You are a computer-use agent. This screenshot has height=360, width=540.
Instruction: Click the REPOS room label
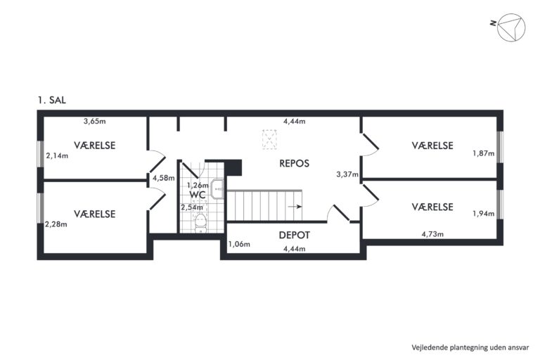(294, 163)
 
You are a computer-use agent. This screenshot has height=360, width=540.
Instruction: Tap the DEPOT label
(294, 235)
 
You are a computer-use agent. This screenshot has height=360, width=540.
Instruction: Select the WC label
(198, 195)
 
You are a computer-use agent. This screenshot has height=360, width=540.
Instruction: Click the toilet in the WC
(200, 223)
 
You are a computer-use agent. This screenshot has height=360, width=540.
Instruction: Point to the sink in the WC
(217, 188)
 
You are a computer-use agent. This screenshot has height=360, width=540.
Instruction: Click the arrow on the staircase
(295, 207)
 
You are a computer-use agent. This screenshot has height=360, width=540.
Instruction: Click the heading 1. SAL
(51, 101)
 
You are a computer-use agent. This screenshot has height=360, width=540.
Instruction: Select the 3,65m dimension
(95, 121)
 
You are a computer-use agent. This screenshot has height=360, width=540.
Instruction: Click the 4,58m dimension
(164, 178)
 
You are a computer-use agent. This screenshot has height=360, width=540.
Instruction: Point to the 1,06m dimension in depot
(239, 244)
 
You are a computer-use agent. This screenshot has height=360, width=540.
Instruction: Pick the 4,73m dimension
(432, 234)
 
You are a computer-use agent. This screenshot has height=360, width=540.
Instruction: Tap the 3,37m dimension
(347, 174)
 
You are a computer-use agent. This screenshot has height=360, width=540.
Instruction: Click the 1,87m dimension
(484, 153)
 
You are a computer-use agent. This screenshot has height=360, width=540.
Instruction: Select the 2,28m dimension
(56, 224)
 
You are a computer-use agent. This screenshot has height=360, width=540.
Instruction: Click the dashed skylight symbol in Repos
(269, 139)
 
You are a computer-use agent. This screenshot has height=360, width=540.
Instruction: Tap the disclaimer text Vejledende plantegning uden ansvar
(470, 347)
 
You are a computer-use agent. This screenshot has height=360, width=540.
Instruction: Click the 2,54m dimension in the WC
(192, 207)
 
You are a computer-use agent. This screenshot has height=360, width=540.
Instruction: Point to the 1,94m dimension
(484, 214)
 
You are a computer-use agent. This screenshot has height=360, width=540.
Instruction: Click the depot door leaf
(341, 213)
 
